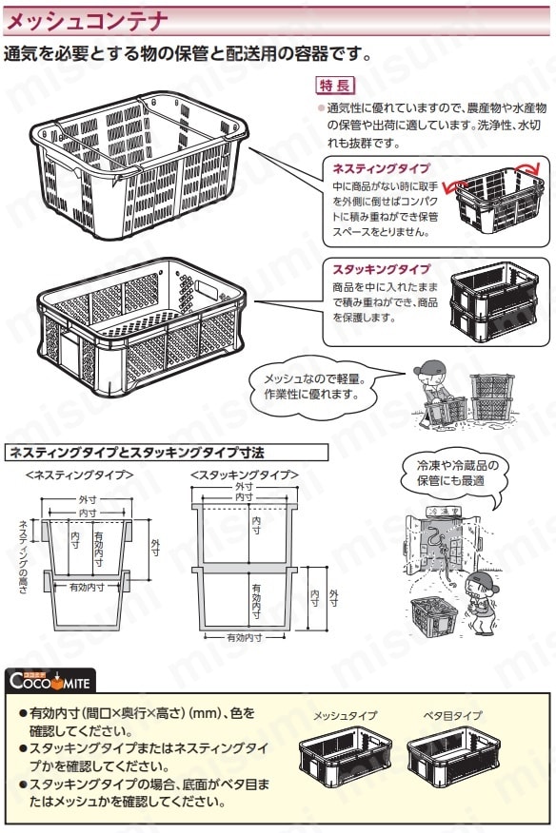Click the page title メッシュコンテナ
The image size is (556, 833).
87,21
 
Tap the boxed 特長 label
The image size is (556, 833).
335,85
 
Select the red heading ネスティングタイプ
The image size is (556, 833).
381,168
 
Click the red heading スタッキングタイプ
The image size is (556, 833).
381,269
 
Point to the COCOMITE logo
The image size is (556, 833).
50,680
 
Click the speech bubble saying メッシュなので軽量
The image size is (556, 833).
315,387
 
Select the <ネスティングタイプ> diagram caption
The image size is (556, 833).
79,475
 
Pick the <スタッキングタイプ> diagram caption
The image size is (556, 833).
245,475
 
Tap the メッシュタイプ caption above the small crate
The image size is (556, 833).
345,716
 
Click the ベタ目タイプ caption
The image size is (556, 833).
453,716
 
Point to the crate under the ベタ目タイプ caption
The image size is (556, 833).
454,757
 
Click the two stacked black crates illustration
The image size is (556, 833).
494,301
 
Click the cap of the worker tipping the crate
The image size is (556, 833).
430,366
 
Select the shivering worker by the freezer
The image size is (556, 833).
481,603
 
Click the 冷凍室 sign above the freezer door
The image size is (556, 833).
444,511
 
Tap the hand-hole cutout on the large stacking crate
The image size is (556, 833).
207,290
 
